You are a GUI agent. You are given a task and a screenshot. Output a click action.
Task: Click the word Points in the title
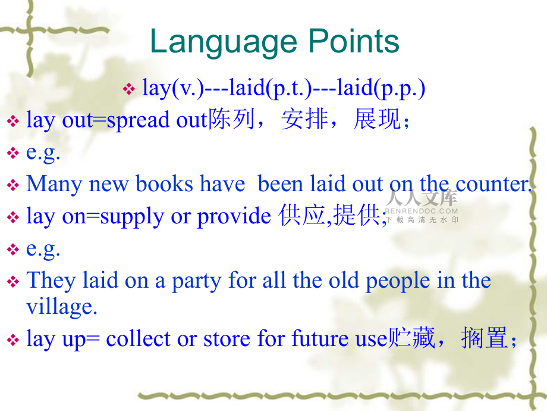354,41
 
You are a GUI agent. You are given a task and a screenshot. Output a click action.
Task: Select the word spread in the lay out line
138,121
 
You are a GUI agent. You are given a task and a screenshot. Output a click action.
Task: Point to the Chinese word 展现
377,119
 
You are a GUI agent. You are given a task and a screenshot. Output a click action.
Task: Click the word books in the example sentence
164,184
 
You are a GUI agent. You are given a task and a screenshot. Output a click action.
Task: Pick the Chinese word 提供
356,215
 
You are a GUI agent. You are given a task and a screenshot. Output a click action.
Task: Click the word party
197,282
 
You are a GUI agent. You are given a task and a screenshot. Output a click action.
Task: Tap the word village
61,307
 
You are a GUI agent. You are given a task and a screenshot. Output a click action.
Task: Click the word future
320,339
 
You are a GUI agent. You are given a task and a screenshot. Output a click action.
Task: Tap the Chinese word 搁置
484,338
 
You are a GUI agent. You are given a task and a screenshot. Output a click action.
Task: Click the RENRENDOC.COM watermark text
421,211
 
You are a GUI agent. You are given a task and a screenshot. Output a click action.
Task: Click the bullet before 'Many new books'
13,185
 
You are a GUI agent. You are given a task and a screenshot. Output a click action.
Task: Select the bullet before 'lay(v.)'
129,89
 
